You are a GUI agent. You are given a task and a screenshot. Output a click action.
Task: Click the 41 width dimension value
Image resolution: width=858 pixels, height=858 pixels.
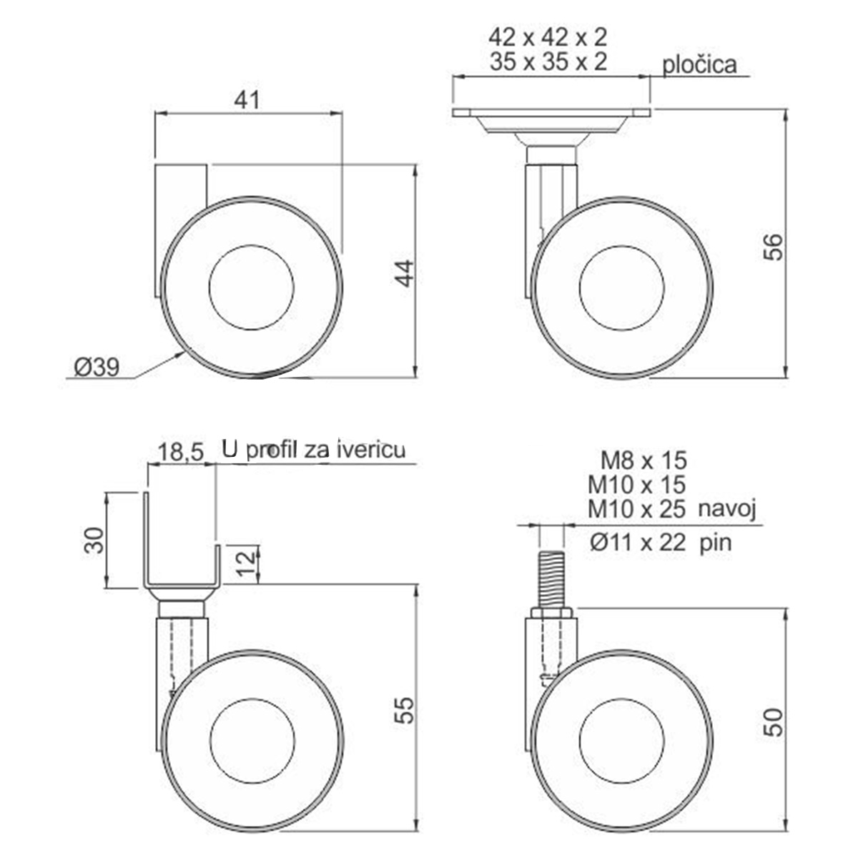247,99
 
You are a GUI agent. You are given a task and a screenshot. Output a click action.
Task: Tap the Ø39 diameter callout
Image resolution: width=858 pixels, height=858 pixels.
97,368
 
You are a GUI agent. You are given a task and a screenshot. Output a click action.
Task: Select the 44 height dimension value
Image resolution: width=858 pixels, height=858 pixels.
405,274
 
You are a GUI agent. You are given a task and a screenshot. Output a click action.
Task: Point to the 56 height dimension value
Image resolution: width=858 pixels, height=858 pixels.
772,247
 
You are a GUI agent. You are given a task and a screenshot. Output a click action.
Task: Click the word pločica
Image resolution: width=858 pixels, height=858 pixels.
699,65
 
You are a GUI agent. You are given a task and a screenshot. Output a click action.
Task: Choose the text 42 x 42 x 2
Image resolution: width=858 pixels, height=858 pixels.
548,37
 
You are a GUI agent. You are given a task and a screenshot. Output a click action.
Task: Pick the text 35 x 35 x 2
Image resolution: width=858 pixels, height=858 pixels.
548,61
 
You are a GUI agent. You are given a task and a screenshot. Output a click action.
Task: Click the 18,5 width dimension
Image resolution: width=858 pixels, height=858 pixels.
181,453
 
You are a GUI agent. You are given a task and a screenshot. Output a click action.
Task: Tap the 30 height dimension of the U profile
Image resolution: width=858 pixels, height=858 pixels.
94,540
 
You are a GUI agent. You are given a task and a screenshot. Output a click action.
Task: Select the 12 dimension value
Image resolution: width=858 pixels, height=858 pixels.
246,563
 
